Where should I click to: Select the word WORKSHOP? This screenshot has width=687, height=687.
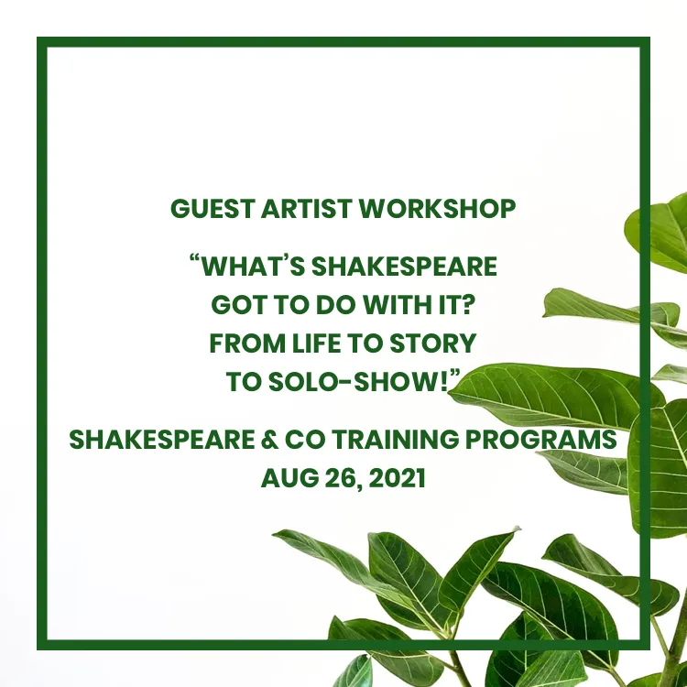click(437, 209)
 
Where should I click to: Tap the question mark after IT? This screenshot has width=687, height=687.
click(468, 305)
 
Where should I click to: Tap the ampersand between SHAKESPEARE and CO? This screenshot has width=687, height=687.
click(270, 440)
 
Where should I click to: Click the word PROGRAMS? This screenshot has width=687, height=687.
click(540, 440)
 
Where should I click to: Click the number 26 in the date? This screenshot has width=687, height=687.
click(342, 478)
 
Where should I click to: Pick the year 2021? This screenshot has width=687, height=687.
click(397, 478)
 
